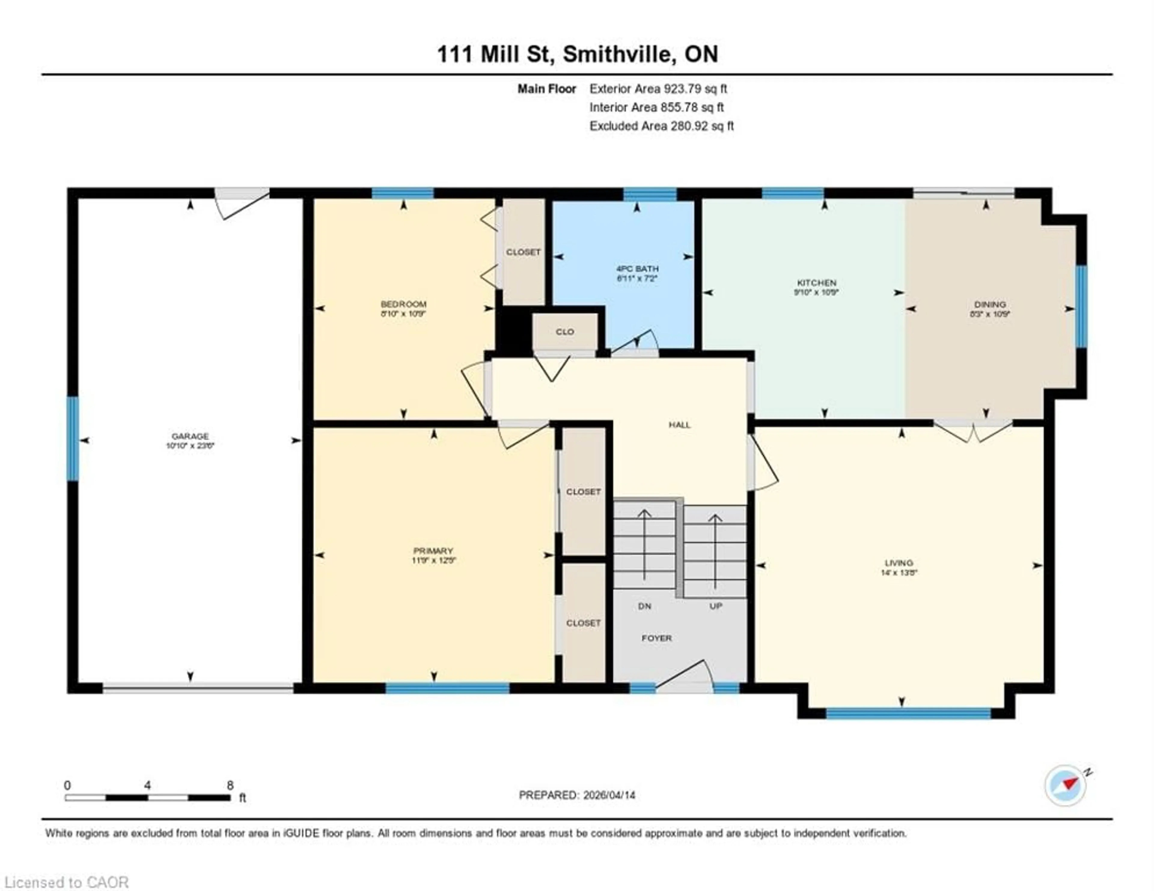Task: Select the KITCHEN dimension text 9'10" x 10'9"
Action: pos(816,292)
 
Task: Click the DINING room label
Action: pos(990,304)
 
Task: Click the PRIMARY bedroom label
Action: pos(433,551)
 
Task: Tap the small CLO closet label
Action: pos(565,332)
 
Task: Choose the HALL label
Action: pos(679,425)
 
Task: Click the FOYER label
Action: pos(656,638)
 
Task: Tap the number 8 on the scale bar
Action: pos(230,785)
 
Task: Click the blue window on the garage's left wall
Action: pos(72,439)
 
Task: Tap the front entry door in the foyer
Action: pos(684,676)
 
